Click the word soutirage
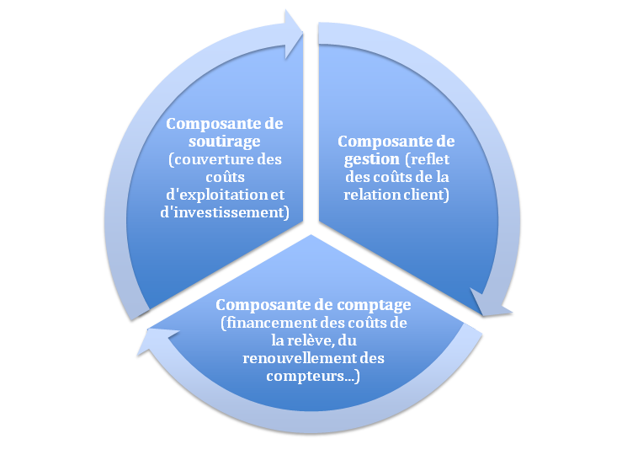click(x=225, y=140)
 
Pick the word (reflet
click(x=428, y=159)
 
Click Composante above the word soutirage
click(x=225, y=122)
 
